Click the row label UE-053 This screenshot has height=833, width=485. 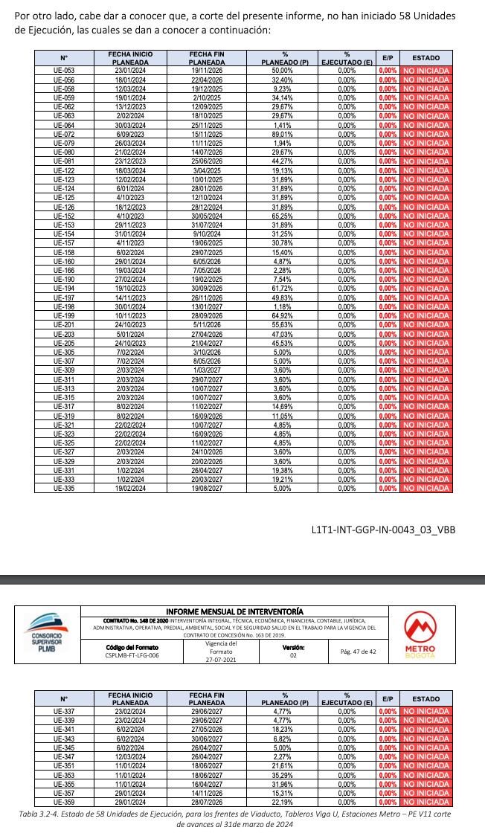click(65, 69)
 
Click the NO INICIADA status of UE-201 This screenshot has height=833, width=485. click(425, 324)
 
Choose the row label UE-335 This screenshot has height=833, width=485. click(65, 488)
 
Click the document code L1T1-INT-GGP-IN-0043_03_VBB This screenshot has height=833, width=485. click(382, 530)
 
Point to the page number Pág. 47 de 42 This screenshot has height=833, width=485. click(358, 651)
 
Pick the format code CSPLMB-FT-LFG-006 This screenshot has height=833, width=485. click(132, 655)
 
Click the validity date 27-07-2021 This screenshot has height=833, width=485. click(220, 658)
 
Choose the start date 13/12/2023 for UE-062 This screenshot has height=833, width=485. click(124, 106)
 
